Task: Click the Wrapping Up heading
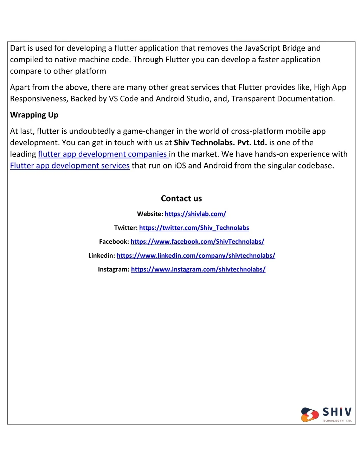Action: click(x=34, y=115)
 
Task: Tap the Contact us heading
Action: click(x=181, y=199)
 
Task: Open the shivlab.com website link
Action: click(x=195, y=214)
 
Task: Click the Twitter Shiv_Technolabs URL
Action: click(x=194, y=228)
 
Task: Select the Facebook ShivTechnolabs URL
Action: click(x=197, y=242)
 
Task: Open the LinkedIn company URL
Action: click(x=196, y=256)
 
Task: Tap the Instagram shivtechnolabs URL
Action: click(x=198, y=269)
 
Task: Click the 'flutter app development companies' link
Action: click(x=102, y=154)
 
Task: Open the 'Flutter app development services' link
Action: click(x=70, y=166)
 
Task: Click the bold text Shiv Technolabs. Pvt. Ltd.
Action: click(x=220, y=143)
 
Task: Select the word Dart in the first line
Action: click(x=17, y=48)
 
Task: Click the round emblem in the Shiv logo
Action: click(x=310, y=415)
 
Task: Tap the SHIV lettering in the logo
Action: click(x=337, y=412)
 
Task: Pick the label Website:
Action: click(x=150, y=214)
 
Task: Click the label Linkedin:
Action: click(x=102, y=256)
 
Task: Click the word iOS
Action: click(x=180, y=166)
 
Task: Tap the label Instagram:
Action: click(x=114, y=269)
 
